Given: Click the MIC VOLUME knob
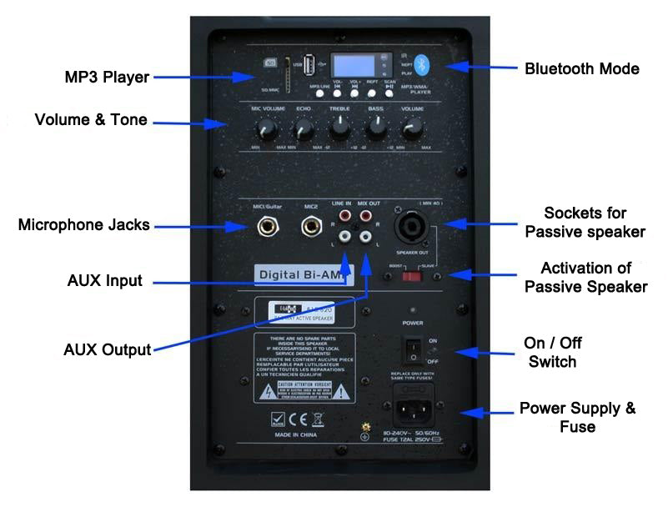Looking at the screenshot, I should pyautogui.click(x=267, y=128).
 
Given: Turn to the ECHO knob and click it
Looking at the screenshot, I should pyautogui.click(x=303, y=128).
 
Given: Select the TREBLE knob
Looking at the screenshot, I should pyautogui.click(x=339, y=128).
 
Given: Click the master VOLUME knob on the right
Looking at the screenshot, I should pyautogui.click(x=411, y=128).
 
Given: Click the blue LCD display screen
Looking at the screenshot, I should pyautogui.click(x=351, y=66).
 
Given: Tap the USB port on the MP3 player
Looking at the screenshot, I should pyautogui.click(x=309, y=65).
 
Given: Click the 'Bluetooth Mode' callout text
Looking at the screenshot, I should pyautogui.click(x=581, y=68).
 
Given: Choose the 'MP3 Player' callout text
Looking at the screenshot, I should pyautogui.click(x=107, y=78).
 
